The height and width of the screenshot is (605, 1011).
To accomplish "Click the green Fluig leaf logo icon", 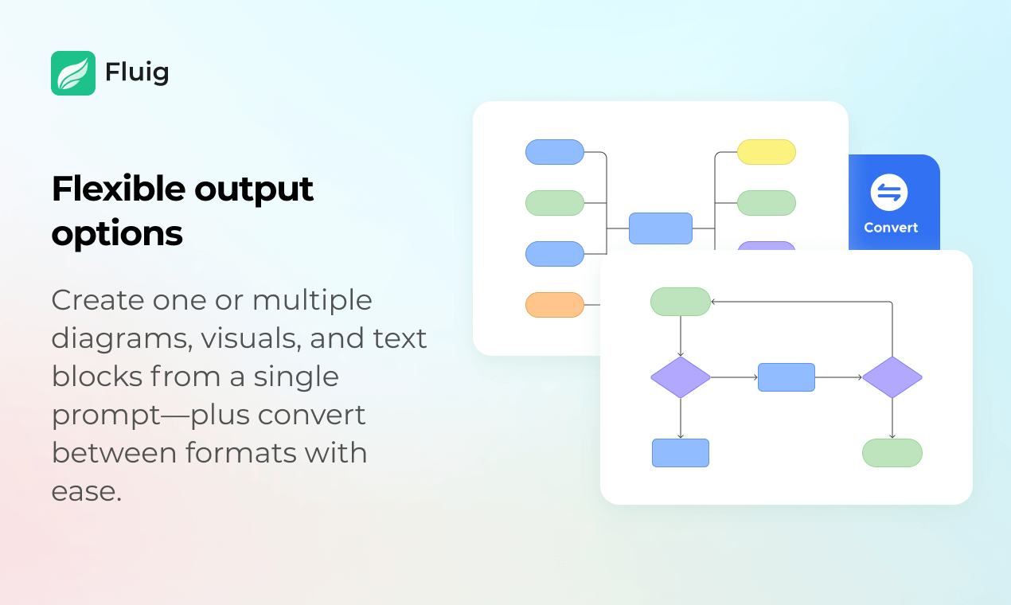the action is click(73, 73).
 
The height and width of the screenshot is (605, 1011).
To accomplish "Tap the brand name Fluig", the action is click(137, 72).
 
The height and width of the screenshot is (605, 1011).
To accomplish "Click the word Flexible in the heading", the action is click(119, 189).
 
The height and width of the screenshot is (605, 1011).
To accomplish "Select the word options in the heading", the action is click(117, 235).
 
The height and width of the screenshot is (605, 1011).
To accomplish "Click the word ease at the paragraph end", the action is click(87, 492).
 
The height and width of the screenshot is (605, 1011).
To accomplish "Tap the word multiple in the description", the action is click(312, 301).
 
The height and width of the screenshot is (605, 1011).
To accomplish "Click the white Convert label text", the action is click(891, 228).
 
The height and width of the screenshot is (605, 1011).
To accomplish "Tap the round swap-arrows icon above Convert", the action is click(889, 193).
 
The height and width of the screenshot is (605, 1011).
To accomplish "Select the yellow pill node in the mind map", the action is click(767, 152).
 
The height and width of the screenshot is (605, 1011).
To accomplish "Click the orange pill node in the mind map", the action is click(555, 305).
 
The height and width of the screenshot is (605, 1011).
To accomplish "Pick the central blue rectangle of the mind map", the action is click(661, 228).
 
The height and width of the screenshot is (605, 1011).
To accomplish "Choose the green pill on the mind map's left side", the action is click(555, 203).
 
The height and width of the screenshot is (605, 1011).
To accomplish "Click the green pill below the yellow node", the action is click(767, 203).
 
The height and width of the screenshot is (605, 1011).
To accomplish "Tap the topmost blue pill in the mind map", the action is click(555, 152).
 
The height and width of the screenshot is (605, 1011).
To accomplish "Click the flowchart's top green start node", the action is click(681, 302).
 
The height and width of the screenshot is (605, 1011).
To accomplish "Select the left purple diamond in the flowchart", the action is click(681, 377).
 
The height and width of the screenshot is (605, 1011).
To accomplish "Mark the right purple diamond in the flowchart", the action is click(892, 377).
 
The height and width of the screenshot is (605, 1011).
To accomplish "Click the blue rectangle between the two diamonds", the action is click(787, 377).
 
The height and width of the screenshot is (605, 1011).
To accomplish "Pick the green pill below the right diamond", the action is click(892, 453).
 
